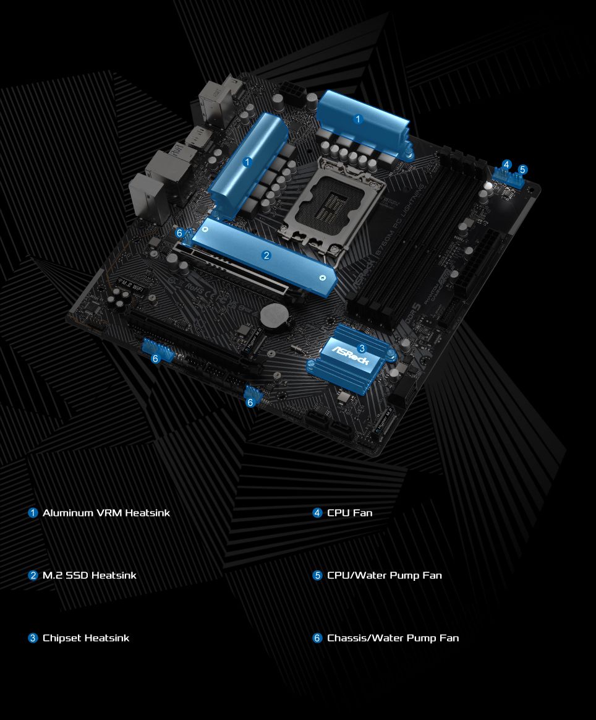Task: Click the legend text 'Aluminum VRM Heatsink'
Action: [x=106, y=513]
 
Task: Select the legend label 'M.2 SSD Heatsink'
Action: [x=89, y=575]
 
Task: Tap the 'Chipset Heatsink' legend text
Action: [x=86, y=638]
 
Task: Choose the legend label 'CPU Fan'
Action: [x=349, y=513]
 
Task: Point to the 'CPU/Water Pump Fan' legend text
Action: [x=384, y=575]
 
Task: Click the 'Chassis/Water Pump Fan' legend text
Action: [x=393, y=638]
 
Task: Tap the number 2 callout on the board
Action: [x=266, y=255]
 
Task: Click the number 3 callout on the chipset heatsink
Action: [x=362, y=348]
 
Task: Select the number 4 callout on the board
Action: [x=507, y=165]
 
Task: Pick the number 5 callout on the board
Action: [x=522, y=169]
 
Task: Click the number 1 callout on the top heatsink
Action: [x=358, y=119]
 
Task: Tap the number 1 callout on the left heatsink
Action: [x=247, y=162]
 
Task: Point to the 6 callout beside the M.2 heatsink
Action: [x=180, y=233]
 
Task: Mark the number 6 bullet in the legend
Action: [x=318, y=638]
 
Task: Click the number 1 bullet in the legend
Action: [x=33, y=513]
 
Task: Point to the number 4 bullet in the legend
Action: [x=318, y=513]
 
